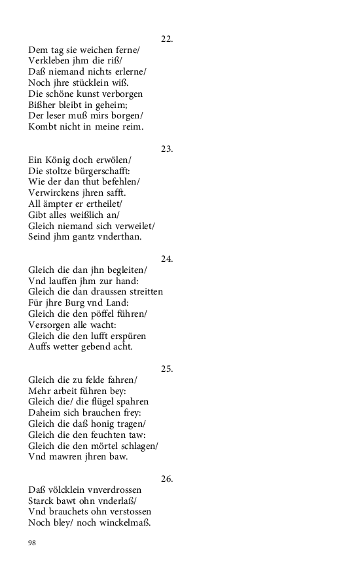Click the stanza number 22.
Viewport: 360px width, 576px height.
pyautogui.click(x=166, y=39)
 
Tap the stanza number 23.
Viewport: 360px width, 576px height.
pyautogui.click(x=166, y=149)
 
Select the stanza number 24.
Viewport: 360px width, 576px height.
pyautogui.click(x=166, y=259)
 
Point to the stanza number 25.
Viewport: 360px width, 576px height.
pyautogui.click(x=166, y=369)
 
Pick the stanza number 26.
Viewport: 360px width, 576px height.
pyautogui.click(x=166, y=479)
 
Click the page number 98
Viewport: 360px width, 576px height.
pyautogui.click(x=33, y=542)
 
